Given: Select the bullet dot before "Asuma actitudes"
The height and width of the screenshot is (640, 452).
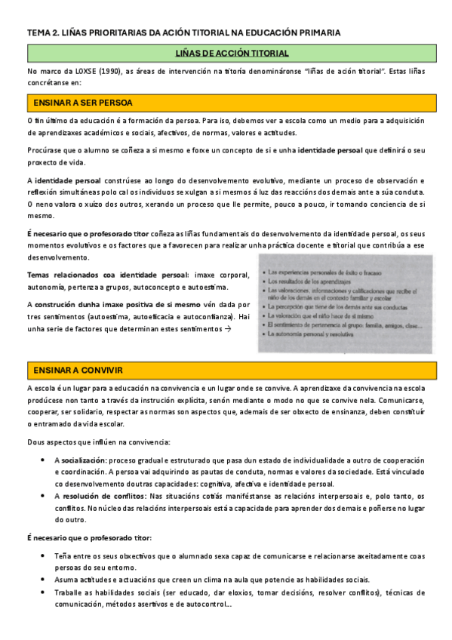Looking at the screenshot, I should pos(47,580).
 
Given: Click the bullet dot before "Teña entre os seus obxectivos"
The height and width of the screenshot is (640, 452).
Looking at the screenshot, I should pos(47,555).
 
